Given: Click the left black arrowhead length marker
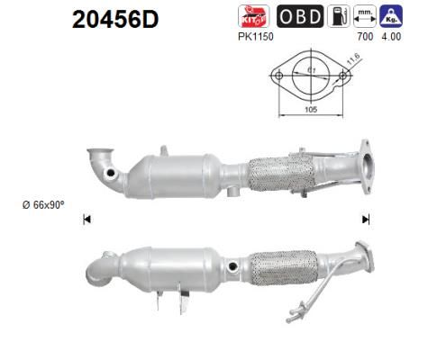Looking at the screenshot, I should pos(86,219).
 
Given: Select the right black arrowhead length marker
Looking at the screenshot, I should pos(366,219).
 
